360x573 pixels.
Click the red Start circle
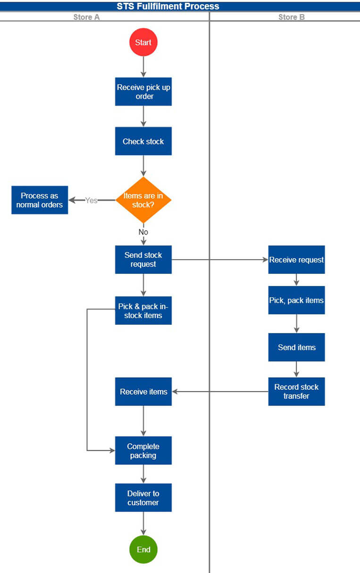(x=143, y=42)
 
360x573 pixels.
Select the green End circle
(x=143, y=549)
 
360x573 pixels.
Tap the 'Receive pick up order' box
(x=143, y=92)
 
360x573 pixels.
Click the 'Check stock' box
(x=143, y=141)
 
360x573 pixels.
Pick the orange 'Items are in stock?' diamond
(x=143, y=200)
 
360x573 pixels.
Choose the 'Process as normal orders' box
(x=40, y=200)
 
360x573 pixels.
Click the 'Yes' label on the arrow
(x=91, y=200)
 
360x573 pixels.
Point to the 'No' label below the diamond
(x=143, y=232)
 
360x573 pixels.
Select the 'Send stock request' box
(x=143, y=260)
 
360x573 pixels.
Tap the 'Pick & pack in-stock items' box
(x=143, y=311)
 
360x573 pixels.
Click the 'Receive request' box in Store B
(x=296, y=260)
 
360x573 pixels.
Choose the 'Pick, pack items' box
(x=296, y=300)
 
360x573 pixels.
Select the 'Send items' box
(x=296, y=347)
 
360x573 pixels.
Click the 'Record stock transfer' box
(x=296, y=391)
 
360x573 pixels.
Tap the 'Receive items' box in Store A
(x=143, y=391)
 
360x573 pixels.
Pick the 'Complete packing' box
(x=143, y=451)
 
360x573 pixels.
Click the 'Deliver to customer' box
(x=143, y=498)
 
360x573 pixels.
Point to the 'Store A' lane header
(x=86, y=17)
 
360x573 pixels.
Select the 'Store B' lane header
(x=291, y=17)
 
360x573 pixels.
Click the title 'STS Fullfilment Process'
(x=168, y=6)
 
